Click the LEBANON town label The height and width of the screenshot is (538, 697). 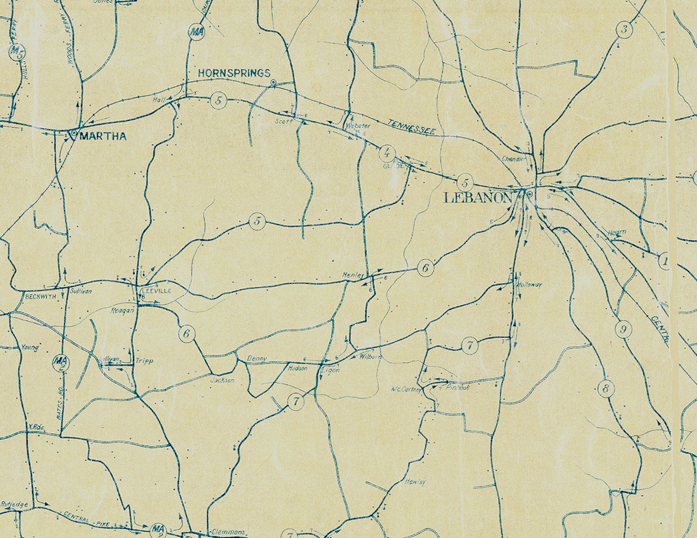(x=478, y=198)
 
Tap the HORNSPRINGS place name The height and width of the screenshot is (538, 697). (x=234, y=73)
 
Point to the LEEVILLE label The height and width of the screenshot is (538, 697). (x=155, y=291)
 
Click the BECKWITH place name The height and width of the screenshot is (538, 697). (x=41, y=296)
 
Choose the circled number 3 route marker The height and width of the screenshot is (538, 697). (x=624, y=30)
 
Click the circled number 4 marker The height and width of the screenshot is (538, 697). (x=387, y=153)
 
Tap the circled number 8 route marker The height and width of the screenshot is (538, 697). (x=606, y=388)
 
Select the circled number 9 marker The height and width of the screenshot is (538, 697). (x=623, y=329)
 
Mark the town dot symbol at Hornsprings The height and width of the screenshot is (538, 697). (x=273, y=82)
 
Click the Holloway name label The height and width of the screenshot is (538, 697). (x=530, y=285)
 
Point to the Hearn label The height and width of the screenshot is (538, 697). (x=617, y=232)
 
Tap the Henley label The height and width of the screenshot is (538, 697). (x=353, y=275)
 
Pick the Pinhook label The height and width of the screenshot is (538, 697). (x=457, y=388)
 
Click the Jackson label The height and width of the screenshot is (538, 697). (x=223, y=380)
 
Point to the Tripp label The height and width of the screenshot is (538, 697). (x=144, y=361)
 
